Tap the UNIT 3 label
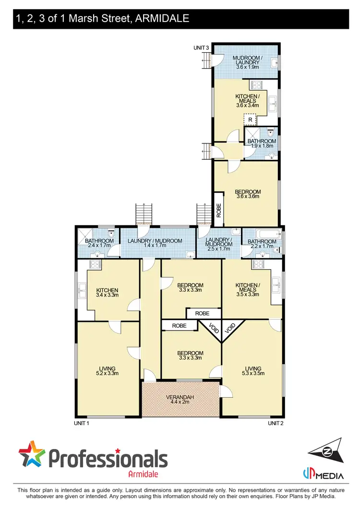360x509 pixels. coord(201,47)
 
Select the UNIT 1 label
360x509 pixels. coord(82,423)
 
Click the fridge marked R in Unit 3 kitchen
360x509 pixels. coord(250,119)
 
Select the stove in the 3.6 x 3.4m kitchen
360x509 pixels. coord(256,85)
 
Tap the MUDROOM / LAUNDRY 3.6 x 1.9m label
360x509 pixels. coord(247,62)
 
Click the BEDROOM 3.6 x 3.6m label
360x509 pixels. coord(248,193)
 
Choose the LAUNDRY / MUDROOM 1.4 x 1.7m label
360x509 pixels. coord(158,243)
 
